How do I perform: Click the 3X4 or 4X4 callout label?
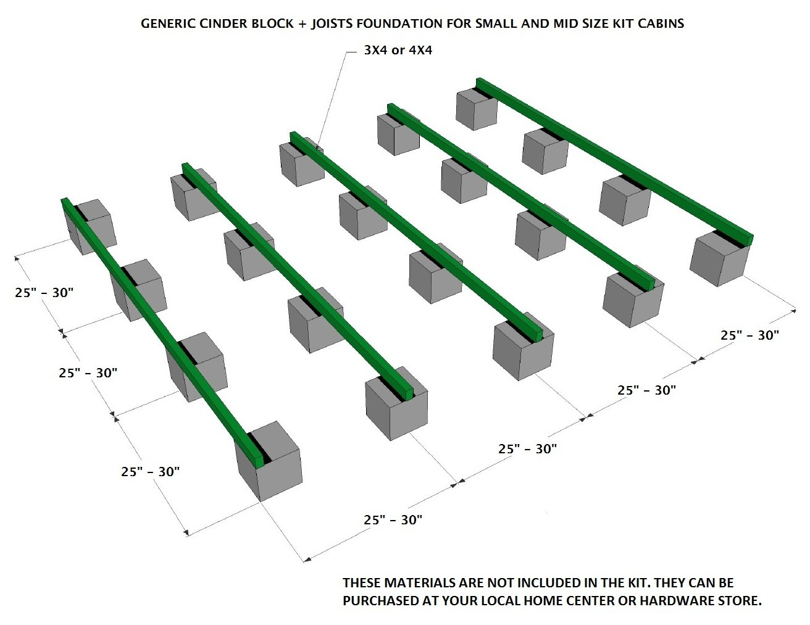(398, 51)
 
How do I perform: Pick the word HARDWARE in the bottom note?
(685, 600)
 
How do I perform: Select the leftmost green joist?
(161, 327)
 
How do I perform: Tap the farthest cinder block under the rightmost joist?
(476, 108)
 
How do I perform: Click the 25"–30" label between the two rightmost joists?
(749, 335)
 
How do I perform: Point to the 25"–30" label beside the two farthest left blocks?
(44, 293)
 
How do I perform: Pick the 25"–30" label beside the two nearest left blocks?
(151, 472)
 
